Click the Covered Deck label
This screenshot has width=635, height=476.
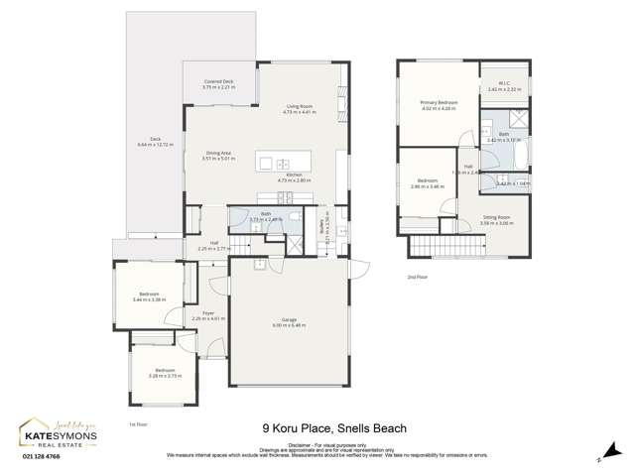(x=218, y=84)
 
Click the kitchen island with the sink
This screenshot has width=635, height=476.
(x=274, y=164)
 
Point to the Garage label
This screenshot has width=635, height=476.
(x=289, y=320)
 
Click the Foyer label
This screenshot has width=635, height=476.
(x=208, y=315)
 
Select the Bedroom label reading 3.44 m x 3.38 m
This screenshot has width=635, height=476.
(x=149, y=296)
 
